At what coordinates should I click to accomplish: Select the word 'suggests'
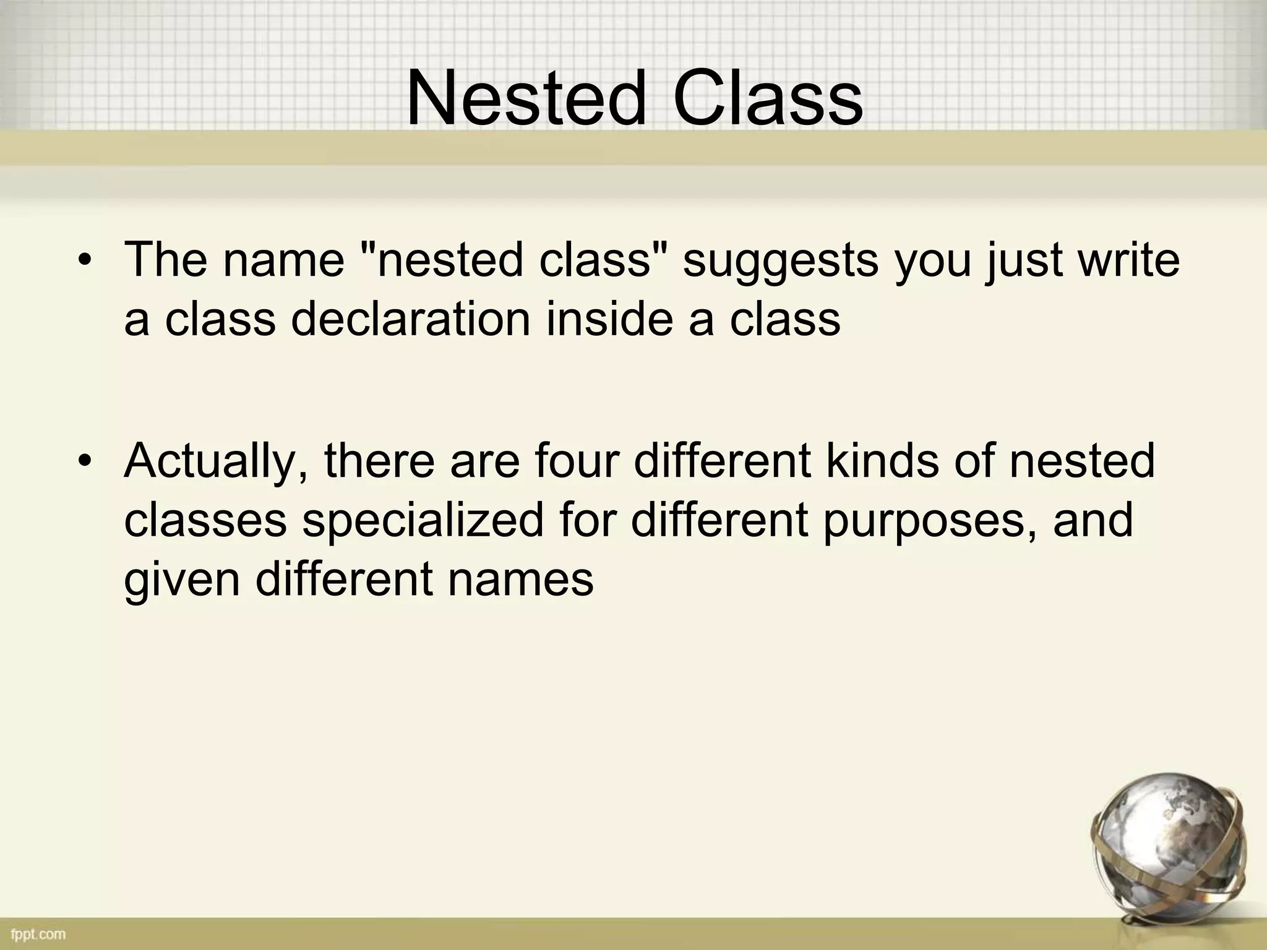pos(780,261)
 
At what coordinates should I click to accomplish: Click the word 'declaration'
pos(410,320)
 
